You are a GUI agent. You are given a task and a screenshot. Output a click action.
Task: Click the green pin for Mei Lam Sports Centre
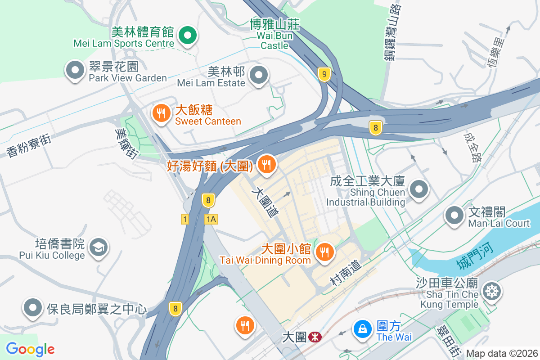coord(187,36)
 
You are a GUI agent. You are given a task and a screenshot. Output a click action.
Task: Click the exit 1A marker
coord(211,219)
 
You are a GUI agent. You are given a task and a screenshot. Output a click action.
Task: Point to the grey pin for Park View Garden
coord(75,71)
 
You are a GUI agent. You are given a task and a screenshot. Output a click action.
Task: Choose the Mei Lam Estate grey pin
coord(259,75)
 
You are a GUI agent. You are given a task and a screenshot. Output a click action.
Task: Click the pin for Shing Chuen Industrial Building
coord(419,189)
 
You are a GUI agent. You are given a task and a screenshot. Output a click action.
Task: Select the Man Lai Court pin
coord(454,216)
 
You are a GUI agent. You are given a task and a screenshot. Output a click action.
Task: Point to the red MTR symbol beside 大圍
coord(316,337)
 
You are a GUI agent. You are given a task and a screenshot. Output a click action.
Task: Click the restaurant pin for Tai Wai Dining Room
coord(324,252)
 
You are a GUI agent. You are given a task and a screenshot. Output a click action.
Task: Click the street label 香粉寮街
coord(29,145)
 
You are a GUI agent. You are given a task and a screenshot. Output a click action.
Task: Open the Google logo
coord(30,349)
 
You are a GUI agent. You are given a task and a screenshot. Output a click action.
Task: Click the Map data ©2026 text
coord(501,353)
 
